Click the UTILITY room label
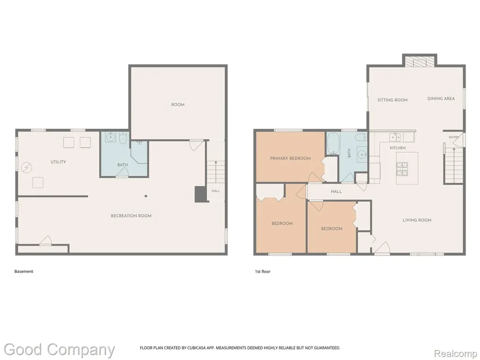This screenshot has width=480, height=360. pyautogui.click(x=58, y=162)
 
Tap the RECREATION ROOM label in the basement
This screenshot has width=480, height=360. pyautogui.click(x=131, y=216)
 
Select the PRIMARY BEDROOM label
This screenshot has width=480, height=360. pyautogui.click(x=290, y=158)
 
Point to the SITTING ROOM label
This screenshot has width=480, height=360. pyautogui.click(x=392, y=100)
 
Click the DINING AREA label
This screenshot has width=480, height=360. pyautogui.click(x=441, y=98)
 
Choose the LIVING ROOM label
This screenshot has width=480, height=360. pyautogui.click(x=417, y=220)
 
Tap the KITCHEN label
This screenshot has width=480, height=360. pyautogui.click(x=397, y=148)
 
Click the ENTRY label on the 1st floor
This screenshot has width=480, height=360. pyautogui.click(x=454, y=137)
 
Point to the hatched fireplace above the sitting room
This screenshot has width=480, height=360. pyautogui.click(x=420, y=61)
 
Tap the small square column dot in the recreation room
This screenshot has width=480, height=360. pyautogui.click(x=146, y=196)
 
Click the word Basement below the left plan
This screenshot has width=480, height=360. pyautogui.click(x=24, y=271)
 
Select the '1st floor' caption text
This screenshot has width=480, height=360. pyautogui.click(x=262, y=271)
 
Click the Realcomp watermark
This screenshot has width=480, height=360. pyautogui.click(x=455, y=353)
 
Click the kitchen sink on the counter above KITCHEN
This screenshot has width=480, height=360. pyautogui.click(x=395, y=137)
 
